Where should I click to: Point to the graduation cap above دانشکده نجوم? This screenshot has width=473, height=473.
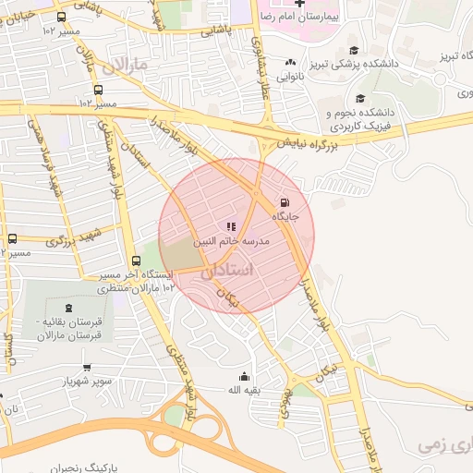coord(360,99)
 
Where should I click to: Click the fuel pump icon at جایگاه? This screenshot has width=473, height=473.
coord(283,203)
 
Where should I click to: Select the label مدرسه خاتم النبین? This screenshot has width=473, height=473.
coord(231,240)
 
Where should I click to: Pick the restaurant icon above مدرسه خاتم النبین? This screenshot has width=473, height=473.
coord(231,225)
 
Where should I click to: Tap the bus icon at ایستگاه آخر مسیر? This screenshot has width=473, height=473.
coord(137,261)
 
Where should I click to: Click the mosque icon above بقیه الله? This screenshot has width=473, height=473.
coord(244,376)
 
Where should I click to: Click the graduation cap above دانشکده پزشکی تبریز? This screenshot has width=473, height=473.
coord(354,50)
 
